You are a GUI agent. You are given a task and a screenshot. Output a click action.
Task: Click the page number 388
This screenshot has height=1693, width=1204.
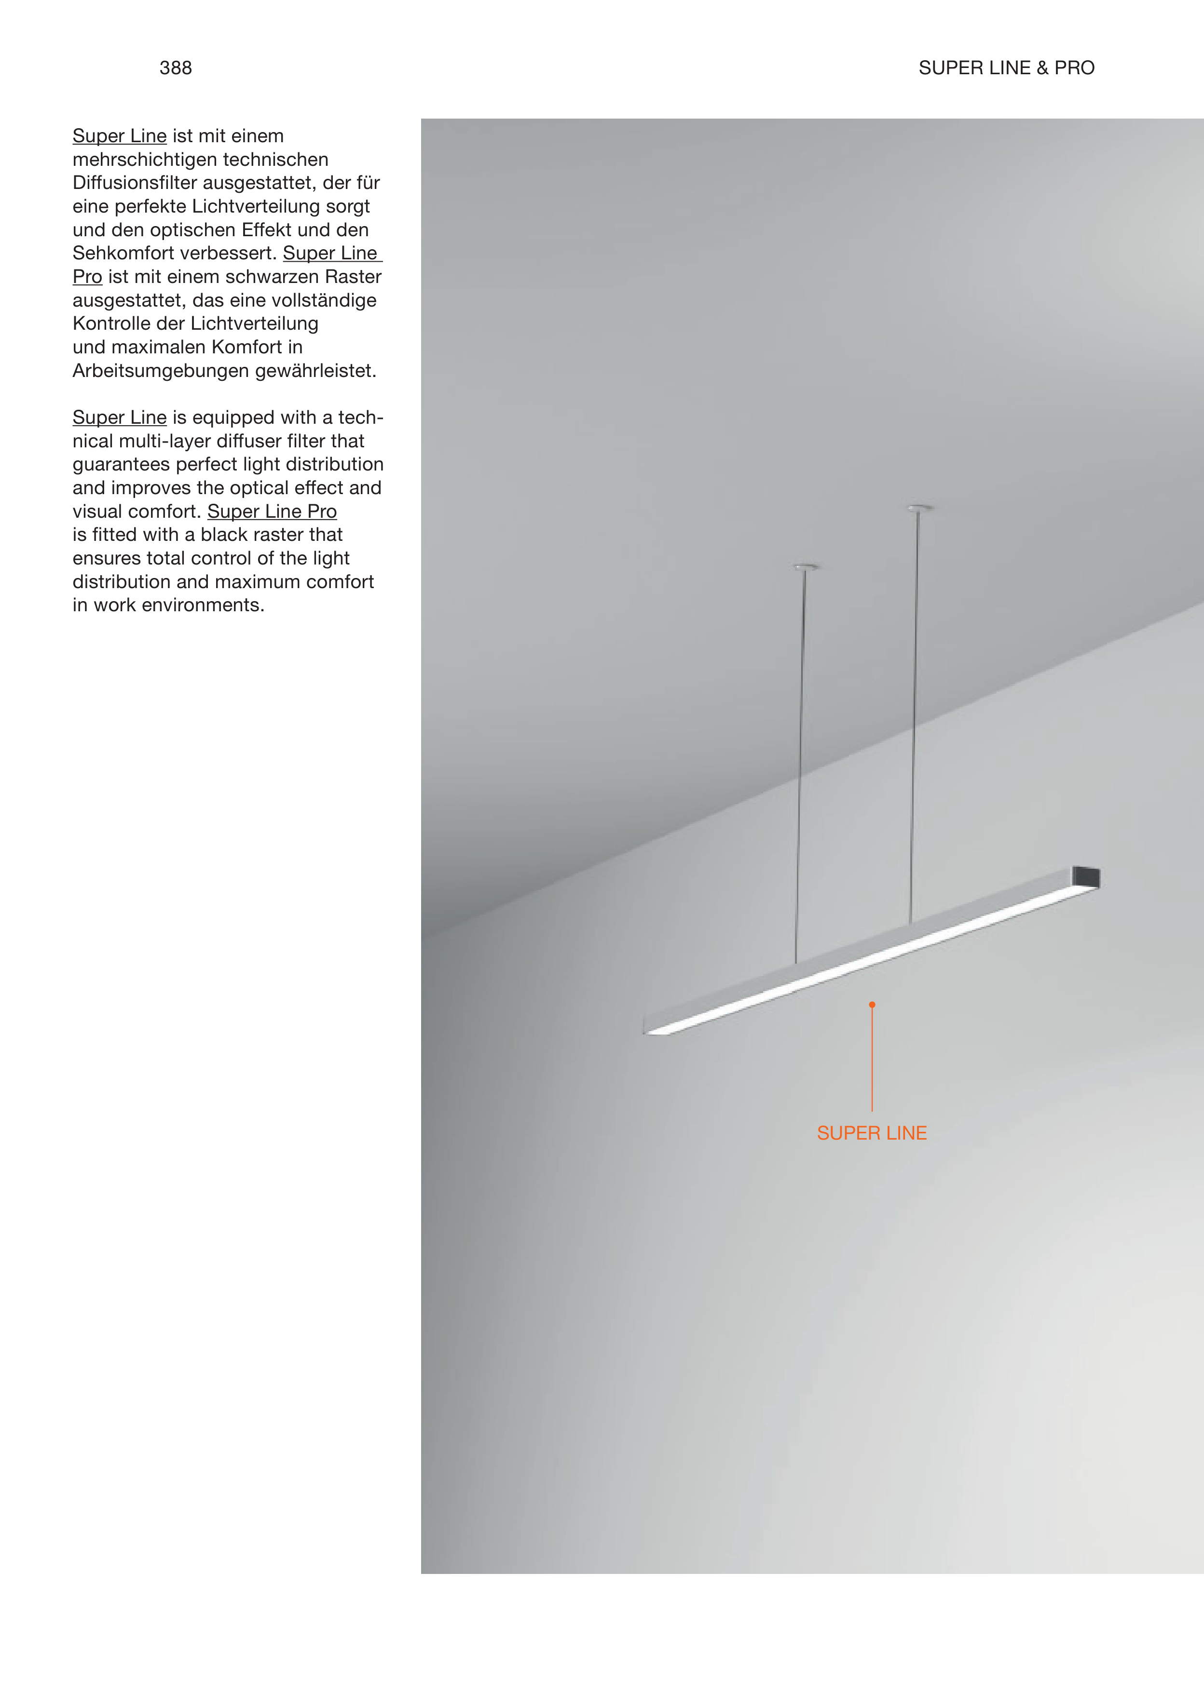tap(176, 68)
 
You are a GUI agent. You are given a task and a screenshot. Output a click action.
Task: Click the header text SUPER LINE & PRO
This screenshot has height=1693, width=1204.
tap(1006, 68)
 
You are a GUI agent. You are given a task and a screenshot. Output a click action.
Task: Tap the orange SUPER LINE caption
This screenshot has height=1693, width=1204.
tap(872, 1133)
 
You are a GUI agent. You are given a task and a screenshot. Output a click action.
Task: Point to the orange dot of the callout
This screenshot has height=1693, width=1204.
tap(872, 1005)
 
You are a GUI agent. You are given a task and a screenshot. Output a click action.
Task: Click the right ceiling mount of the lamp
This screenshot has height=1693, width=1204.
tap(919, 508)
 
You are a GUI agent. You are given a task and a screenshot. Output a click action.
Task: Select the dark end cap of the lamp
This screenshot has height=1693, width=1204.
tap(1086, 876)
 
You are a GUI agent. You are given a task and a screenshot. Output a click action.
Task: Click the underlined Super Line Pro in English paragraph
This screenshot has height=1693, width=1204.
tap(272, 511)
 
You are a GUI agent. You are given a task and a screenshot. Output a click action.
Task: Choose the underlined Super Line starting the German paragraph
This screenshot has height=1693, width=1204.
tap(119, 136)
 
